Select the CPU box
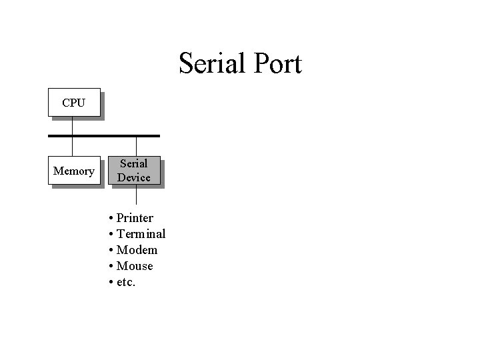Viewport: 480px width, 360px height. (73, 103)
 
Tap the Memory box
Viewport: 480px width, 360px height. (73, 171)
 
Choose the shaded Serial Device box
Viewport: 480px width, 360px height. (134, 171)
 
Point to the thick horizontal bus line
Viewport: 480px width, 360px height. (104, 136)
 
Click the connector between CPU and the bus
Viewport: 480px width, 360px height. (73, 126)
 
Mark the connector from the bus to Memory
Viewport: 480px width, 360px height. (73, 147)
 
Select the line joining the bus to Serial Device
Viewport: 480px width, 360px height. (136, 147)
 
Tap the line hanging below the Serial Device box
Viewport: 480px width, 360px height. (136, 194)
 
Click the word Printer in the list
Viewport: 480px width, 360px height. (135, 218)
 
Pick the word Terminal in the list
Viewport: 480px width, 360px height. (141, 234)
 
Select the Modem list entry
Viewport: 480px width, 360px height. (137, 250)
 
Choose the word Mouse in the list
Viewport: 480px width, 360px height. (135, 266)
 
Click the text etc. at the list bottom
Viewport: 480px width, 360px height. (126, 282)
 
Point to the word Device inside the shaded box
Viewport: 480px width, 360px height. (134, 178)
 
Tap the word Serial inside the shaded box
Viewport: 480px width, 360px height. (134, 163)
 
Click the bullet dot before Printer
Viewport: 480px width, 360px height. (110, 219)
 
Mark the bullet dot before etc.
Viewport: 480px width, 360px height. (110, 283)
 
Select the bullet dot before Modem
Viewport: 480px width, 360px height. (110, 251)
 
